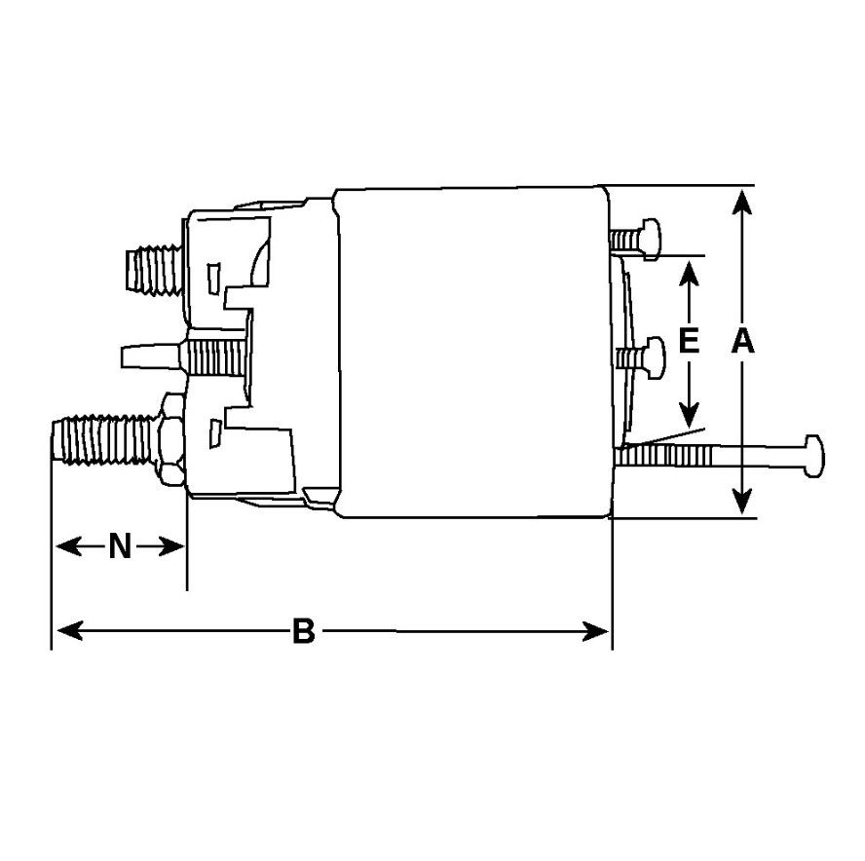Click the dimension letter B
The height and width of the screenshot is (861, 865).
click(303, 631)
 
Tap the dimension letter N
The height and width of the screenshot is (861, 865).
click(120, 546)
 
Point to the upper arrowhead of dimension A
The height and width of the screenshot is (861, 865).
click(742, 202)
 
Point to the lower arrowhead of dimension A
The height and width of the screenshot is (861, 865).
click(742, 501)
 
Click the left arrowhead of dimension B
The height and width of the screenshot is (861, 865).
click(70, 630)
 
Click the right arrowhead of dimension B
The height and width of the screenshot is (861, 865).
click(595, 631)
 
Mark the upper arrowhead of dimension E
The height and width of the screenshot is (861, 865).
click(689, 274)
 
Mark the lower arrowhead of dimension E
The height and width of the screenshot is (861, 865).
click(689, 414)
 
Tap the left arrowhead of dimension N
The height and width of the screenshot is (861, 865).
click(69, 546)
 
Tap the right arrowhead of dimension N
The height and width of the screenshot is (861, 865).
click(171, 546)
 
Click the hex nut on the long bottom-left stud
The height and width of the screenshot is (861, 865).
click(172, 440)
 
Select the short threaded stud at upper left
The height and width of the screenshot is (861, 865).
click(155, 270)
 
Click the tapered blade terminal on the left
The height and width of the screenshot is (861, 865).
click(150, 356)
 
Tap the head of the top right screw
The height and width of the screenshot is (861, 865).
click(651, 240)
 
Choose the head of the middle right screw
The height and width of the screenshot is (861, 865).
click(655, 358)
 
